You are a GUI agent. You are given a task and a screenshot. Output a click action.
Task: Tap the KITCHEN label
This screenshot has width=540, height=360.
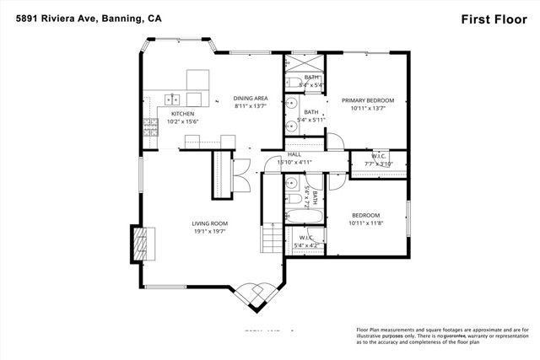click(x=183, y=113)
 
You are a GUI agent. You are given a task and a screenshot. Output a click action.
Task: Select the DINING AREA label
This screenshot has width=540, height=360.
click(x=251, y=99)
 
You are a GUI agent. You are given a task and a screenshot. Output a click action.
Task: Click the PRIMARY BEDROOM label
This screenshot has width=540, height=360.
click(x=368, y=99)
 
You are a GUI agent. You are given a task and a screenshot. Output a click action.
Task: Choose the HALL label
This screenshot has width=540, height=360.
click(x=294, y=154)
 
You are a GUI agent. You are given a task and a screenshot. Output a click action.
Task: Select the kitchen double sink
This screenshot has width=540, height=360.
click(x=173, y=98)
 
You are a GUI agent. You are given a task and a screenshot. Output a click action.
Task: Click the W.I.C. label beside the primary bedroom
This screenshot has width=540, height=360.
click(x=377, y=155)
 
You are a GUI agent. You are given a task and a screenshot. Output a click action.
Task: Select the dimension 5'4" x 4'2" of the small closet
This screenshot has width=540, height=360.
click(x=306, y=246)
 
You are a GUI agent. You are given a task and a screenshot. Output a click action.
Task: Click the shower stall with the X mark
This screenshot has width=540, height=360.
click(x=305, y=66)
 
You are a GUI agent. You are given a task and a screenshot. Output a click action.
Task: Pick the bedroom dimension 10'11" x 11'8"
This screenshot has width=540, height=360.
click(x=365, y=223)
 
